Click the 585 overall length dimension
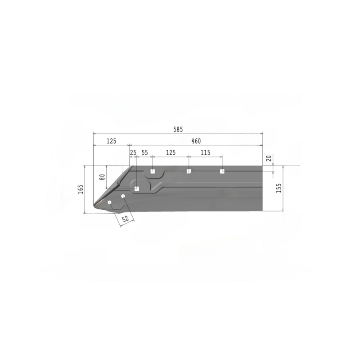(x=178, y=130)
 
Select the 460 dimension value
(x=196, y=141)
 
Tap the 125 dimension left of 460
(x=112, y=141)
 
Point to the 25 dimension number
(x=133, y=153)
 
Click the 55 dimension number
(x=144, y=153)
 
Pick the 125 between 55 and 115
(x=171, y=153)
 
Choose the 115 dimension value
(x=206, y=153)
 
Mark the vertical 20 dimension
(x=269, y=158)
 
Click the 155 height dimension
(x=279, y=188)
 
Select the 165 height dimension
(x=81, y=189)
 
